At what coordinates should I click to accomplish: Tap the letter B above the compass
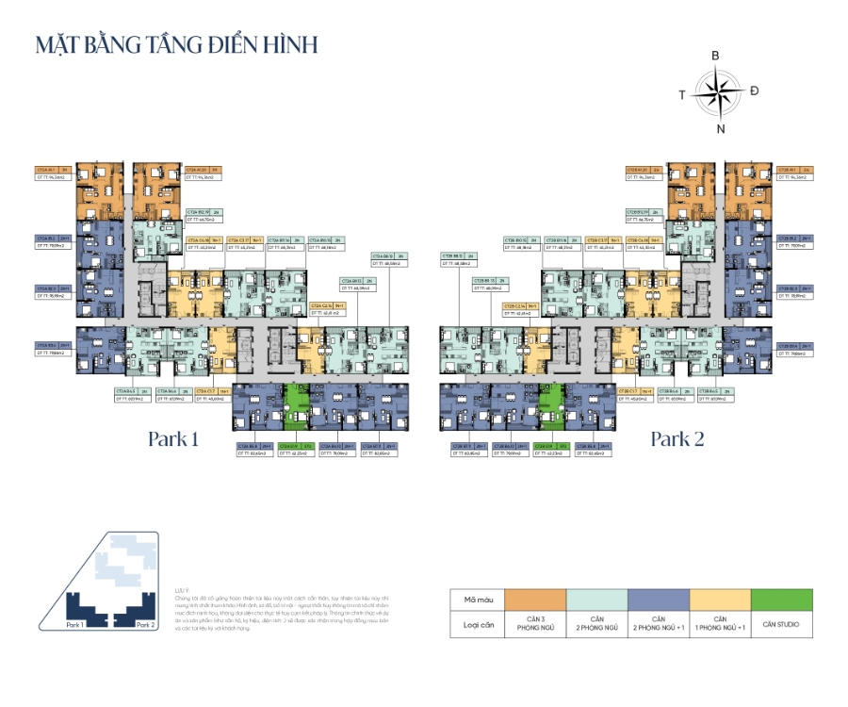click(x=716, y=57)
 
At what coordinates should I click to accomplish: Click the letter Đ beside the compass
click(x=755, y=90)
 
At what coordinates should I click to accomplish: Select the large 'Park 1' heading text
click(x=173, y=438)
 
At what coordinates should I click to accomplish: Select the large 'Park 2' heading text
click(x=676, y=438)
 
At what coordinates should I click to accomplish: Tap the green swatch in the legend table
click(x=781, y=600)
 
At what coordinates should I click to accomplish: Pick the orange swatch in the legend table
click(x=535, y=600)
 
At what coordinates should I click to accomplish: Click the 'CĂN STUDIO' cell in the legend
click(x=781, y=624)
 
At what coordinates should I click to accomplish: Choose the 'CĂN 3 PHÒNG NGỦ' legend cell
click(x=535, y=624)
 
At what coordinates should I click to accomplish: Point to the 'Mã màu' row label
click(x=477, y=600)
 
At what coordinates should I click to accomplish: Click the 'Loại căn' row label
click(x=477, y=624)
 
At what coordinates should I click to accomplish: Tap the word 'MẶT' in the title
click(x=58, y=44)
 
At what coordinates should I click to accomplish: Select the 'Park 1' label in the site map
click(x=76, y=624)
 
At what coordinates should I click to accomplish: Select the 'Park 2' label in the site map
click(x=144, y=624)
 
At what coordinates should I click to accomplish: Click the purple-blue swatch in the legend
click(x=659, y=600)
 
